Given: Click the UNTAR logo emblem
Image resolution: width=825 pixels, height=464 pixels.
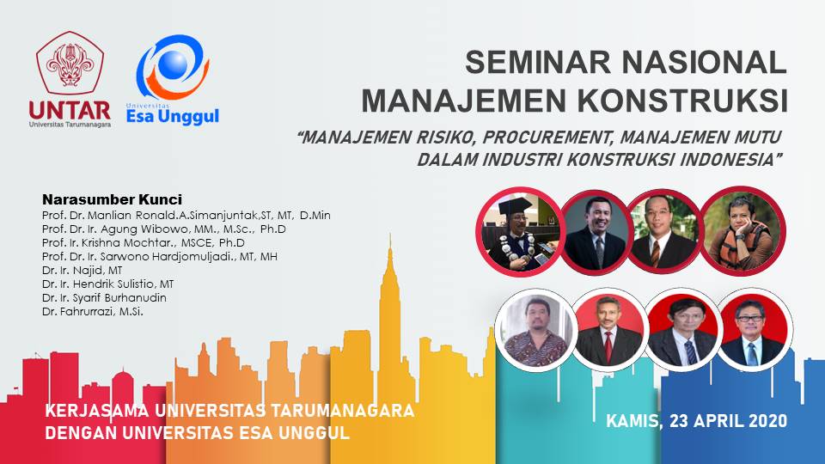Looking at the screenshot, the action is coord(70,63).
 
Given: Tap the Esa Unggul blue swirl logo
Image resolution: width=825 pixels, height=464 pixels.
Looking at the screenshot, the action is coord(173,67).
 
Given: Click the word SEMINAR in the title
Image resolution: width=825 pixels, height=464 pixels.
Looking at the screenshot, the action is coord(539,62).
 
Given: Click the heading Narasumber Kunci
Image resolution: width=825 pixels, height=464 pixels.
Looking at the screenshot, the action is coord(112,200).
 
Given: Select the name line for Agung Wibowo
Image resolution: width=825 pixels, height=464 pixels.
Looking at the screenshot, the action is coord(163,229).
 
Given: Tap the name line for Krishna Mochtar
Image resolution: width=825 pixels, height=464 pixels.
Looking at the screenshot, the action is coord(144,243).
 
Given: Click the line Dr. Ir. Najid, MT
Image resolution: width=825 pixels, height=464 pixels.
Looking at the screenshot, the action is coord(82,271).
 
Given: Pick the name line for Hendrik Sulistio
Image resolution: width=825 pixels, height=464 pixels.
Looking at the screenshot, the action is coord(108,284).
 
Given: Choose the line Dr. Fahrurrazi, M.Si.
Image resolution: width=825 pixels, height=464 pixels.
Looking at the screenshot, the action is coord(93,311).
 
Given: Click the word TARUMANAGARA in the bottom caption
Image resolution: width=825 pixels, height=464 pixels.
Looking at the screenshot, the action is coord(342,410).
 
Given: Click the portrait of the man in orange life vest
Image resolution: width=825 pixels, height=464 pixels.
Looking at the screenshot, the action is coord(742,231).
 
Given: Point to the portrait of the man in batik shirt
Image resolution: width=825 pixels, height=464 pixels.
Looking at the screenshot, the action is coord(535,330).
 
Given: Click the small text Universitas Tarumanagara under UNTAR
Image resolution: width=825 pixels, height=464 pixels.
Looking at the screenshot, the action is coord(70,125).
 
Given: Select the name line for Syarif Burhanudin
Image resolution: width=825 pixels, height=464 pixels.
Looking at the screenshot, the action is coord(104,298).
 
